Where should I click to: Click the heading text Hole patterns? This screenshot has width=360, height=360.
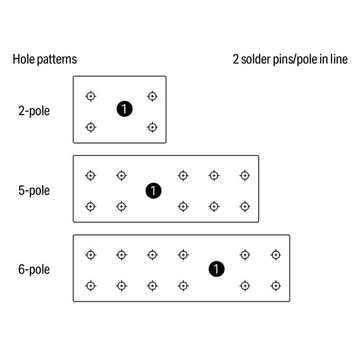pyautogui.click(x=45, y=60)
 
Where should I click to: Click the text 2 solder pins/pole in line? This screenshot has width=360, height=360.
pyautogui.click(x=290, y=60)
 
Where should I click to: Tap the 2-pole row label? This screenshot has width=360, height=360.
pyautogui.click(x=34, y=111)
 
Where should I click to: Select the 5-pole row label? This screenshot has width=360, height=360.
pyautogui.click(x=34, y=191)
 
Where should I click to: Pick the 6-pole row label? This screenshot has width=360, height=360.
pyautogui.click(x=34, y=269)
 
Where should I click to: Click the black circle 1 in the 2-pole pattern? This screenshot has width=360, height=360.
pyautogui.click(x=124, y=109)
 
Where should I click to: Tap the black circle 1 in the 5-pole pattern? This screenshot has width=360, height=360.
pyautogui.click(x=153, y=191)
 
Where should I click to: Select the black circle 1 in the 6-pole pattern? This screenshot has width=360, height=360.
pyautogui.click(x=217, y=269)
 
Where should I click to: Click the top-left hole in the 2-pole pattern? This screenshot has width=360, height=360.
pyautogui.click(x=90, y=96)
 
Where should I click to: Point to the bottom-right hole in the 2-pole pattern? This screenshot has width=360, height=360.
pyautogui.click(x=152, y=127)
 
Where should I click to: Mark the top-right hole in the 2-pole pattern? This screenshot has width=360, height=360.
pyautogui.click(x=152, y=96)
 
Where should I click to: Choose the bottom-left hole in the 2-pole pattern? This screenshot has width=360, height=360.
pyautogui.click(x=90, y=127)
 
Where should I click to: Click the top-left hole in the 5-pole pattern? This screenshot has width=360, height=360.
pyautogui.click(x=90, y=175)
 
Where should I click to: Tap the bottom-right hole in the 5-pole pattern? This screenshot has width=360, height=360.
pyautogui.click(x=245, y=206)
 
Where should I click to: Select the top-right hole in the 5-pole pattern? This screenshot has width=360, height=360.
pyautogui.click(x=245, y=175)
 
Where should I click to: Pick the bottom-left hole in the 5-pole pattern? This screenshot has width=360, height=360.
pyautogui.click(x=90, y=206)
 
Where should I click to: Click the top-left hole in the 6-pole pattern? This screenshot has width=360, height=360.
pyautogui.click(x=90, y=254)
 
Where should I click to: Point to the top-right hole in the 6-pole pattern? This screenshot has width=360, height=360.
pyautogui.click(x=276, y=254)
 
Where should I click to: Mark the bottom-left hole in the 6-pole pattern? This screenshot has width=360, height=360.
pyautogui.click(x=90, y=286)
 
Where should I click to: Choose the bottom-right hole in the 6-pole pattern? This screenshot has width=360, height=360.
pyautogui.click(x=276, y=286)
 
